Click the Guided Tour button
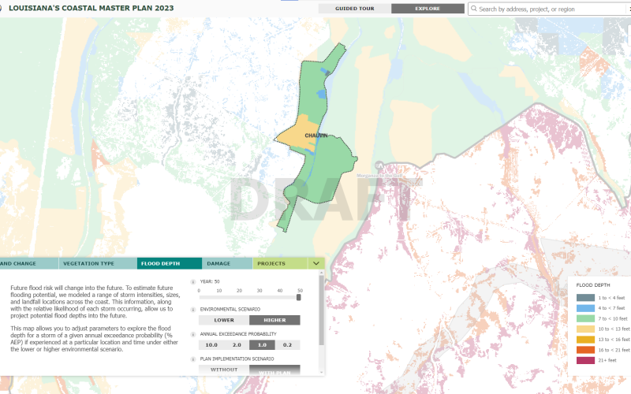(354, 9)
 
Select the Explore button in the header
(428, 9)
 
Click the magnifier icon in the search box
(473, 9)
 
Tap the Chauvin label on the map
(315, 136)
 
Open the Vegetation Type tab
(88, 263)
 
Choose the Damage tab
(218, 263)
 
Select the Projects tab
(271, 263)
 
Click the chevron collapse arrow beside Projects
(315, 263)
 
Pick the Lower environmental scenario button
(223, 320)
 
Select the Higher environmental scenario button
(274, 320)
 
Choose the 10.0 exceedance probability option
(211, 345)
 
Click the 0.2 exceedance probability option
(287, 345)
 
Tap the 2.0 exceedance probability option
(237, 345)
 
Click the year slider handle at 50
(300, 298)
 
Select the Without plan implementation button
(223, 370)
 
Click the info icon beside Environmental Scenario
(193, 310)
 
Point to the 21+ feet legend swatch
(585, 360)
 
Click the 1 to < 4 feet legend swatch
(585, 298)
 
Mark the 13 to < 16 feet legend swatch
(585, 339)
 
